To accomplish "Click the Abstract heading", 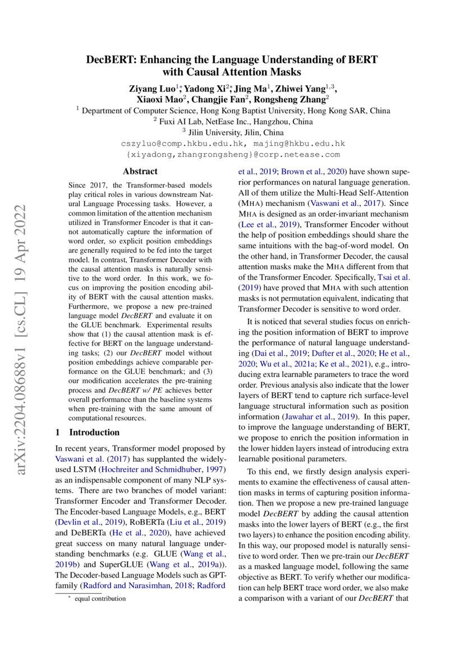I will tap(140, 172).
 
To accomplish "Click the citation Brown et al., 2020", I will tap(314, 172).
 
